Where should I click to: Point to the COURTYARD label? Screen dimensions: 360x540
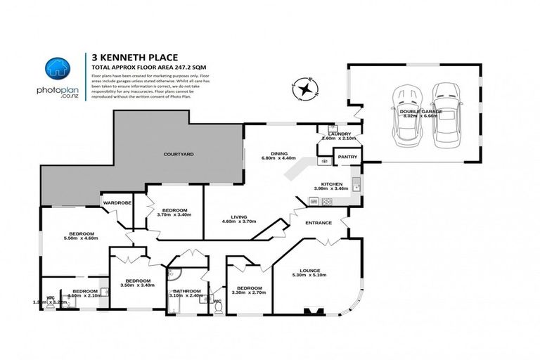[x=178, y=153]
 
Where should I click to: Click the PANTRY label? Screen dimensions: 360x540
[x=347, y=157]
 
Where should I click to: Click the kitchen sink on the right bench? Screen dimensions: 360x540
[x=356, y=186]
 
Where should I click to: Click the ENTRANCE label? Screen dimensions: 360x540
[x=318, y=223]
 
